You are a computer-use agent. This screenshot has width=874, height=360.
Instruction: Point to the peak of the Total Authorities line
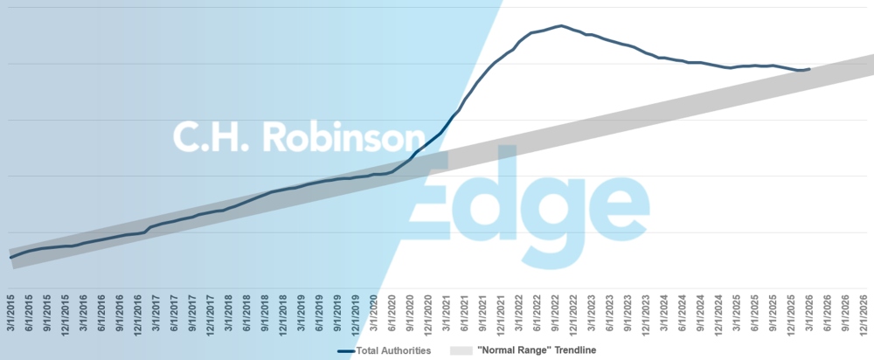tap(559, 25)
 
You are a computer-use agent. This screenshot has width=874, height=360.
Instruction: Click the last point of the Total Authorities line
tap(810, 69)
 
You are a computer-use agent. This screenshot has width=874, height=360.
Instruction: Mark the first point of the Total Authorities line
tap(10, 258)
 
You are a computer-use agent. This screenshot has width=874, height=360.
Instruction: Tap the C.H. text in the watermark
tap(205, 138)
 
